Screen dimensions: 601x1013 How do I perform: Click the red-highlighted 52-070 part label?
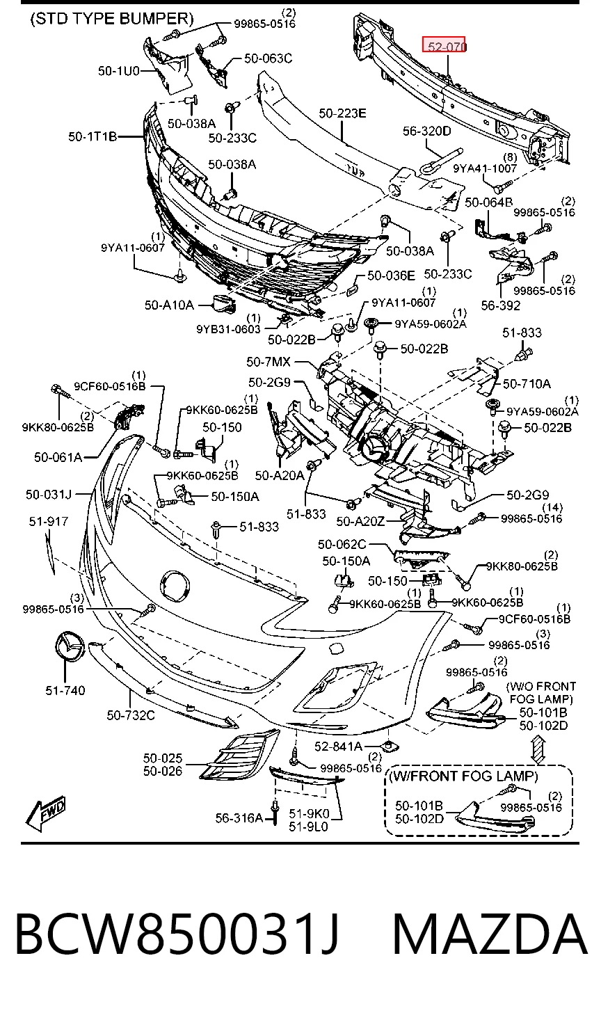tap(444, 46)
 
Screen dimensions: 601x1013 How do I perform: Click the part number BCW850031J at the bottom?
tap(177, 934)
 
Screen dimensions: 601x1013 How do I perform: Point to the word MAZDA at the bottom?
tap(490, 934)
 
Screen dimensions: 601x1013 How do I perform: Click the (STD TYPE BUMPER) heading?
tap(112, 19)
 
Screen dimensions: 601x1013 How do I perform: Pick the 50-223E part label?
tap(342, 113)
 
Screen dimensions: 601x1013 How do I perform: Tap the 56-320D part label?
tap(427, 131)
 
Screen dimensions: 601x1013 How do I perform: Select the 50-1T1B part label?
tap(93, 136)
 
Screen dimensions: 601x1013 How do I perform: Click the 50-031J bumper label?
tap(49, 494)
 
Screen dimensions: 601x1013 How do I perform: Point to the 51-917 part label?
tap(49, 521)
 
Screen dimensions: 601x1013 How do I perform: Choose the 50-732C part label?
tap(131, 715)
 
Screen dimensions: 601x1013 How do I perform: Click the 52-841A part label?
tap(338, 746)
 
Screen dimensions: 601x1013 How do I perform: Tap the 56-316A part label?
tap(239, 817)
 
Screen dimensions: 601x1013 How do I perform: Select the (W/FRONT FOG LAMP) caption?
tap(463, 776)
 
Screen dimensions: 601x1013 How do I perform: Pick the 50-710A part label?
tap(527, 384)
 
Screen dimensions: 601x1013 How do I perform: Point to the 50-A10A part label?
tap(169, 305)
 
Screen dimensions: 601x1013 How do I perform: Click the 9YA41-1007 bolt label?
tap(485, 168)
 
